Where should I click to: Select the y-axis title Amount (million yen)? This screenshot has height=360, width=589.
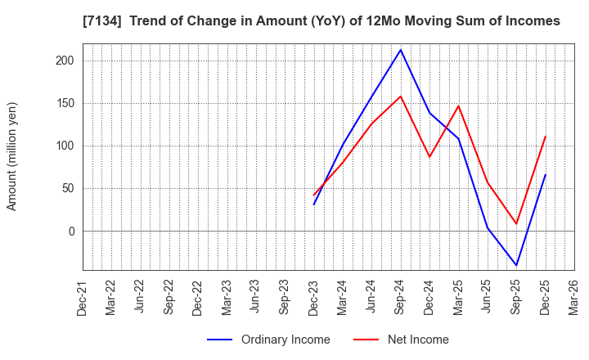point(11,156)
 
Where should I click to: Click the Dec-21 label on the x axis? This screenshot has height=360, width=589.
point(83,299)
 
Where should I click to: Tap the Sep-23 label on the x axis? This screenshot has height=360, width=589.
point(285,299)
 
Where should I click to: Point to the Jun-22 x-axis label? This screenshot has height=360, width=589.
point(140,299)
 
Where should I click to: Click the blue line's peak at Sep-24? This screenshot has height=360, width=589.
point(400,50)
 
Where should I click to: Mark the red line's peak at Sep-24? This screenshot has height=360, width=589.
point(400,97)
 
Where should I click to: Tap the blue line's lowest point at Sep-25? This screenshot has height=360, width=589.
point(516,265)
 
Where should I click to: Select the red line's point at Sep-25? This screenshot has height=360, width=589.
point(516,223)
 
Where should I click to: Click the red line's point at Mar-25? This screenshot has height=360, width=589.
point(458,106)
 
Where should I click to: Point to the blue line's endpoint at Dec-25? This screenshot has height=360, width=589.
point(545,174)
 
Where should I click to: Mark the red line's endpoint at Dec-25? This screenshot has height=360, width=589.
point(545,137)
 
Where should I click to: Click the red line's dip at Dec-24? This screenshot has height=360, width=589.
point(429,157)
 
